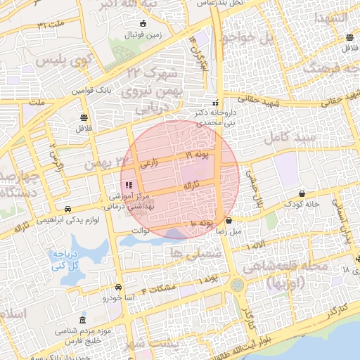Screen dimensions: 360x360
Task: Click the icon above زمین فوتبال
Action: (x=143, y=24)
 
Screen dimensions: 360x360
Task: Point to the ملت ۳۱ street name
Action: (x=50, y=25)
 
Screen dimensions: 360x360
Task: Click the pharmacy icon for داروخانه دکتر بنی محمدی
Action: (x=216, y=103)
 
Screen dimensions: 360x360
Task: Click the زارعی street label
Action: (x=149, y=162)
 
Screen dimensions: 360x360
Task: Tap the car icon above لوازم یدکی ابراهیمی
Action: (x=67, y=209)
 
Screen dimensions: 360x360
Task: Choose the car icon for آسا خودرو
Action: (x=118, y=287)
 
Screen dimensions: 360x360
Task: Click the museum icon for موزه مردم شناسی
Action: (x=84, y=319)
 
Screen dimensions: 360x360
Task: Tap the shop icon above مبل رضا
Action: (x=229, y=220)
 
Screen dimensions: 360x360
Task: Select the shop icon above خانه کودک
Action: (x=302, y=193)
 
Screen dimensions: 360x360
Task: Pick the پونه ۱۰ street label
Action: (x=201, y=223)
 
